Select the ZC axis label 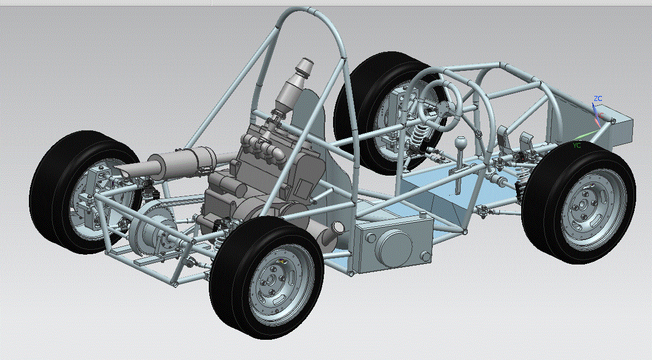click(x=598, y=99)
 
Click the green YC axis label click(x=576, y=146)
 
